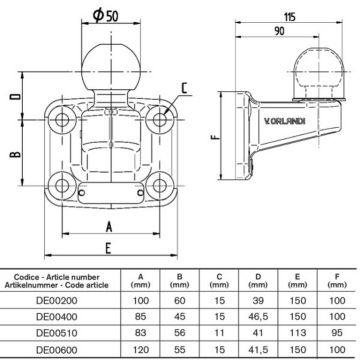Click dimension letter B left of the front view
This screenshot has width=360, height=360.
point(13,155)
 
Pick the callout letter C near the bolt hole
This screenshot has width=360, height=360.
point(188,99)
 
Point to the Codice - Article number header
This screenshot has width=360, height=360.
point(62,273)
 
